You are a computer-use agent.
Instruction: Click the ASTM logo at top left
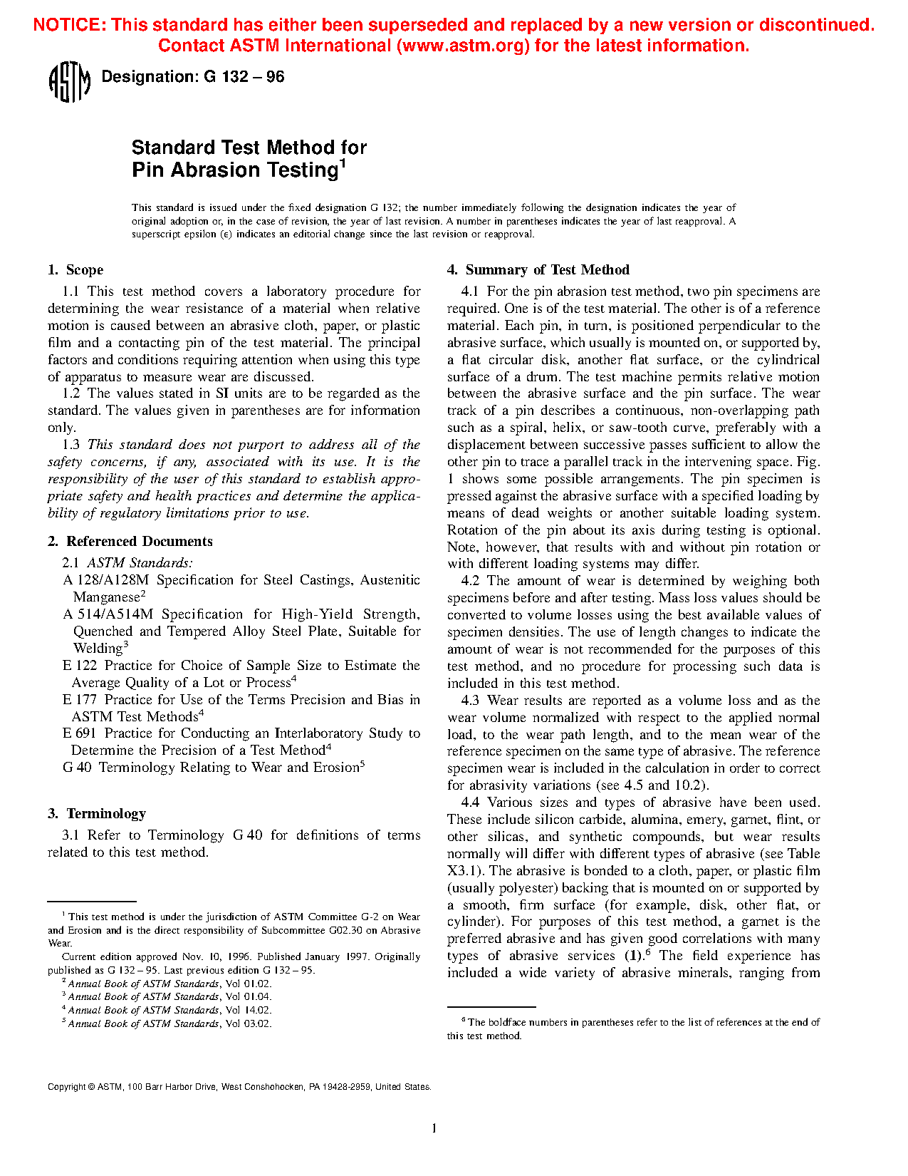click(69, 82)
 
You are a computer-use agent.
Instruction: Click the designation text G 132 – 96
click(192, 77)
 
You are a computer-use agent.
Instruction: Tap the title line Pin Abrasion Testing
click(235, 170)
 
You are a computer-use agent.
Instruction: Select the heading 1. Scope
click(75, 270)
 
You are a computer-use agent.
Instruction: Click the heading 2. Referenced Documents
click(130, 542)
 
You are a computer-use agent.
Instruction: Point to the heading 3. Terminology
click(97, 814)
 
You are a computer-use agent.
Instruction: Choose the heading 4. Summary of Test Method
click(538, 270)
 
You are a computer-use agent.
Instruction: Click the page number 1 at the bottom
click(434, 1128)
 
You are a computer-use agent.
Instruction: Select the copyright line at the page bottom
click(239, 1087)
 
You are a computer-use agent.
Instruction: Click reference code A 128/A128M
click(105, 580)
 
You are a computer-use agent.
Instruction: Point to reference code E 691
click(79, 733)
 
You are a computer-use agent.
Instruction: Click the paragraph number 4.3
click(470, 701)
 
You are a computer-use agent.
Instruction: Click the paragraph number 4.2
click(470, 581)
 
